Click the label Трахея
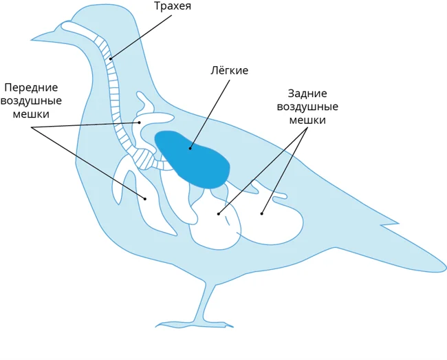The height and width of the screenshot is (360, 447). coord(171,8)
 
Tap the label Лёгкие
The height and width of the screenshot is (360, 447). coord(230,71)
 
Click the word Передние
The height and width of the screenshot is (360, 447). coord(31,88)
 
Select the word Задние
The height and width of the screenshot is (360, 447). coord(307,94)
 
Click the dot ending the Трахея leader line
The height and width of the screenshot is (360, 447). coord(110,58)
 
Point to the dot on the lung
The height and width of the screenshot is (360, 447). coord(190,146)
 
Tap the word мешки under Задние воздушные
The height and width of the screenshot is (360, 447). coord(307,120)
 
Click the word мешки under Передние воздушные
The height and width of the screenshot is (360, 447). coord(32,114)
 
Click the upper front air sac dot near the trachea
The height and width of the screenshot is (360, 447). coord(140,122)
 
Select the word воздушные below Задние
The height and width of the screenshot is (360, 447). coord(307,107)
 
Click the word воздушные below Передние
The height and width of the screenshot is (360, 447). coord(31,101)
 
